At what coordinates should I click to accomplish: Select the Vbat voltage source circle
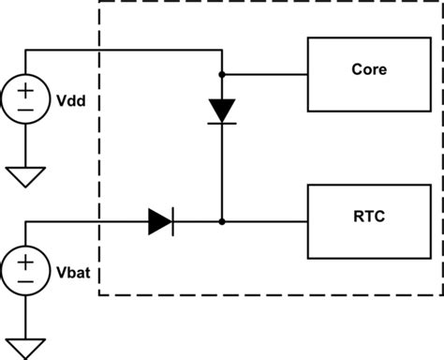coord(25,267)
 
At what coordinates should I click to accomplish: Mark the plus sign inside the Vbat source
coord(25,258)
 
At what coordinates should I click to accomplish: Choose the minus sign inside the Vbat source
coord(25,277)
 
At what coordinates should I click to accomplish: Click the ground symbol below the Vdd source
coord(25,176)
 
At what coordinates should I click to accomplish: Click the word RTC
coord(368,216)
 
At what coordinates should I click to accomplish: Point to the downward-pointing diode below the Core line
coord(222,111)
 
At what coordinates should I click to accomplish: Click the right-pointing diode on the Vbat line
coord(160,222)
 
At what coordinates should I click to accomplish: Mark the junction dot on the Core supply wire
coord(222,72)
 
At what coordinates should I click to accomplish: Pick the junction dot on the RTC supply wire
coord(222,222)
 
